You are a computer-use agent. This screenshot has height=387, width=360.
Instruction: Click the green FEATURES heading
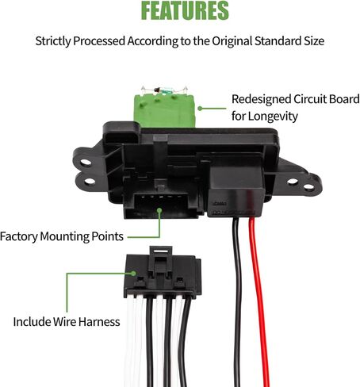coord(185,10)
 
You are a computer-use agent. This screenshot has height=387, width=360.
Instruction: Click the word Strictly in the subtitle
coord(53,41)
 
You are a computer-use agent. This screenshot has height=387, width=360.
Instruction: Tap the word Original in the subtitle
coord(232,41)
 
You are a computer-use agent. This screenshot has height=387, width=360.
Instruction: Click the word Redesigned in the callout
coord(261,99)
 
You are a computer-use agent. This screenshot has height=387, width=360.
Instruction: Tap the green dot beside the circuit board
coord(200,109)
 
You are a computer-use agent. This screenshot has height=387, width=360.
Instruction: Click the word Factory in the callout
coord(18,236)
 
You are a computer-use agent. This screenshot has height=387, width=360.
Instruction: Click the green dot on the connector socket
coord(159,210)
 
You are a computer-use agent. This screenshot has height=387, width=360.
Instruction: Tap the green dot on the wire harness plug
coord(133,274)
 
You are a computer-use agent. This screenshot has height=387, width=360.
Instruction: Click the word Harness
coord(99,322)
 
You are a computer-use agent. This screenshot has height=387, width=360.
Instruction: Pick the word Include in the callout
coord(32,322)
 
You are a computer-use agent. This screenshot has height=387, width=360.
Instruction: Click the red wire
coord(259,301)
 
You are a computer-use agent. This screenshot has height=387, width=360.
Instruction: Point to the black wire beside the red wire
coord(237,301)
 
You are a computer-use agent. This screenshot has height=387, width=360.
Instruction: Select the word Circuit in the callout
coord(309,99)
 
